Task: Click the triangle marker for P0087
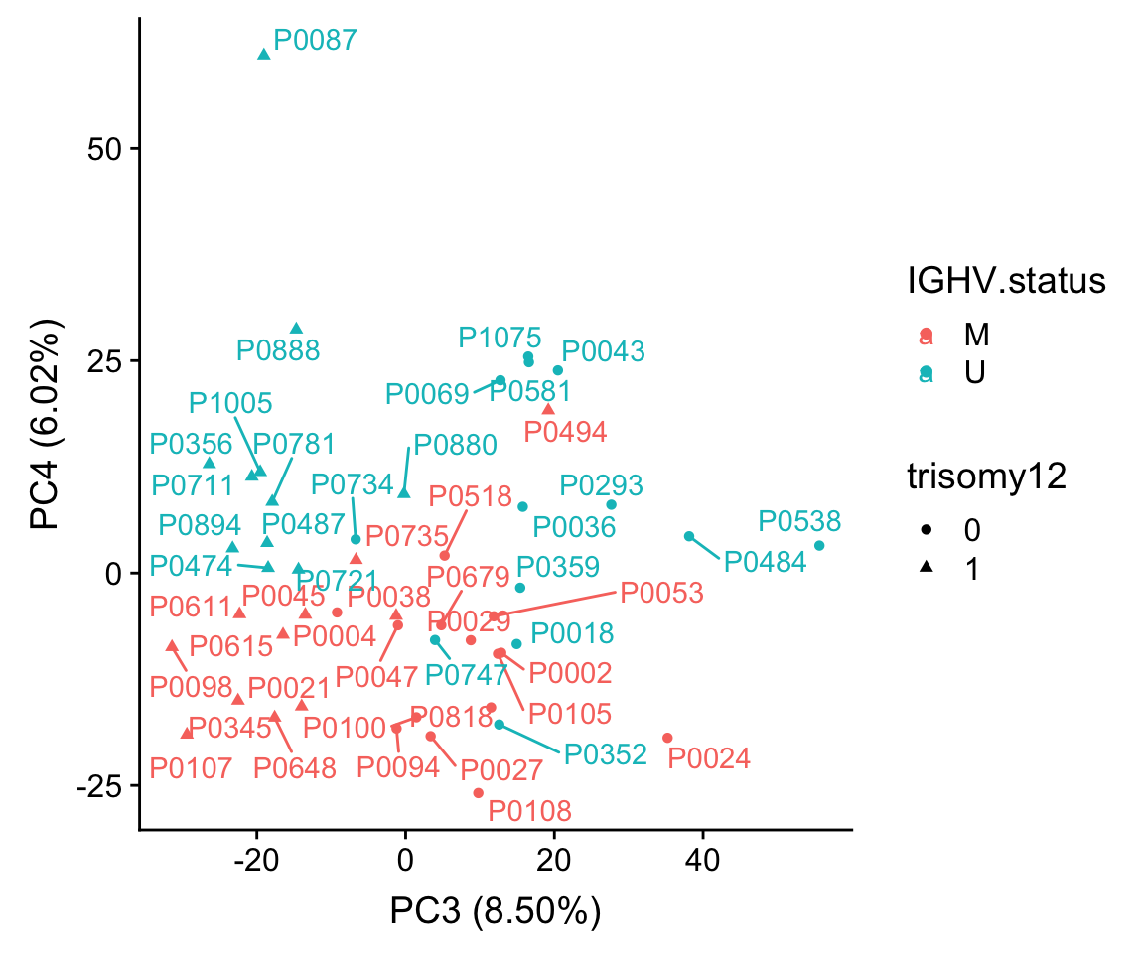click(x=264, y=54)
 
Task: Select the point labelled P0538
click(x=819, y=546)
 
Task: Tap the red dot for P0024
click(x=667, y=738)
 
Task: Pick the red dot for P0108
click(x=478, y=793)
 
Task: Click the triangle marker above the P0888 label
click(x=296, y=329)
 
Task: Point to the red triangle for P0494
click(x=548, y=409)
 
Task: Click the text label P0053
click(x=661, y=594)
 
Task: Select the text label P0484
click(x=765, y=562)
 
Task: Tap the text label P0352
click(x=606, y=754)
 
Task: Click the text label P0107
click(x=191, y=767)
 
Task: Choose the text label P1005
click(x=230, y=403)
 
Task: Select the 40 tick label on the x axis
click(x=702, y=858)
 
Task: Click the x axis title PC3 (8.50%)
click(x=495, y=911)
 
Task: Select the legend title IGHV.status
click(x=1006, y=281)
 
